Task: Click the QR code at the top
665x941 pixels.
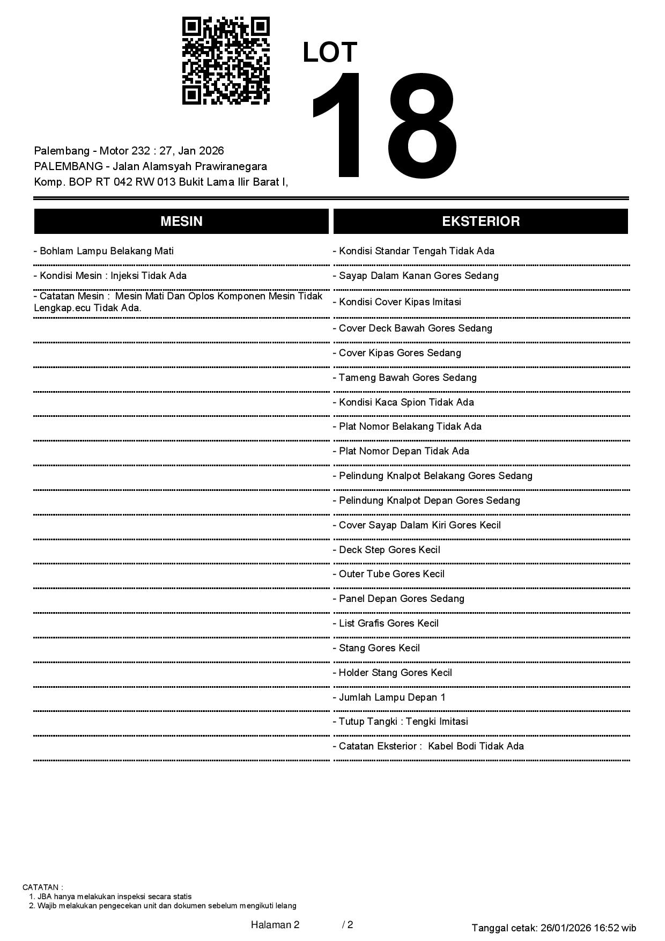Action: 226,61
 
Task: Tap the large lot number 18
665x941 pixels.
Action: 383,126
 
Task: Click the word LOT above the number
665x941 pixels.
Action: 330,53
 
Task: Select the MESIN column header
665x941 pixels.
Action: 181,222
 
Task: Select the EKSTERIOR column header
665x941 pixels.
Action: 481,222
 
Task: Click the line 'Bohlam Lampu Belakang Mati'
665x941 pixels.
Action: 104,251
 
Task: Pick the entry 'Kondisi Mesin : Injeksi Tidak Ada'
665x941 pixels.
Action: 110,276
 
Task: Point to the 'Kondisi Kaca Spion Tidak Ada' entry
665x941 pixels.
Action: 404,402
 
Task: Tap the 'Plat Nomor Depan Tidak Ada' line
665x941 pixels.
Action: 401,451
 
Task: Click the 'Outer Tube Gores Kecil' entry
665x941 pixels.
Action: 389,574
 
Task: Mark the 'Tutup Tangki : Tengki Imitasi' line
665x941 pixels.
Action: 401,722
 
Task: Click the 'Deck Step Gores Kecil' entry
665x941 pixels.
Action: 387,550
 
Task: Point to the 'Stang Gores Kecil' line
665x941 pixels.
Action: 376,648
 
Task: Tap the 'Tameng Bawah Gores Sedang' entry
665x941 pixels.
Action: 405,378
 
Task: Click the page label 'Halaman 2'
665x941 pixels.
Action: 275,925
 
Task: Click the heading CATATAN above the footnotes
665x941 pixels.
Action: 42,887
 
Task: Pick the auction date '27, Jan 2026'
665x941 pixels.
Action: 191,151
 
